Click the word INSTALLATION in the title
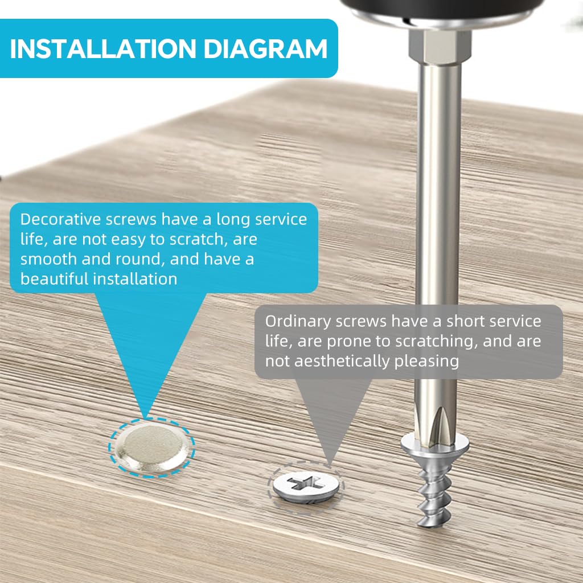(102, 49)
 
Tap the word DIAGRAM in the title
(265, 49)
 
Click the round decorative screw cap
(151, 448)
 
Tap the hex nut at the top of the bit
(440, 47)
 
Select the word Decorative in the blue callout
(60, 219)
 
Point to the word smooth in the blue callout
(48, 259)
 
